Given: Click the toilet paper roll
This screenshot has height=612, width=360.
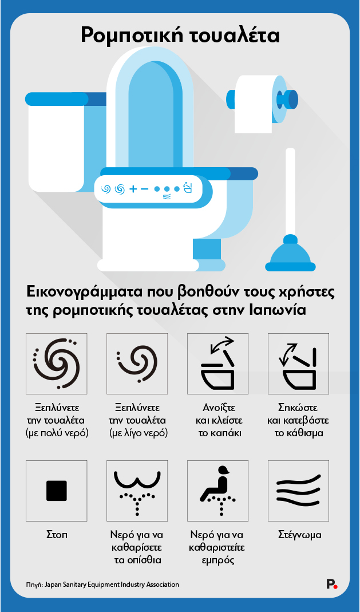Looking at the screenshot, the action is pos(254,104).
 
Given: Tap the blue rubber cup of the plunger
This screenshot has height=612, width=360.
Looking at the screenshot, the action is pos(290,254).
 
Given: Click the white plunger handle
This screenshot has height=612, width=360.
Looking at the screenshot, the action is pos(290,191).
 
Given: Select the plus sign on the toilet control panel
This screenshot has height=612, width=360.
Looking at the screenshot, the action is pos(133,189).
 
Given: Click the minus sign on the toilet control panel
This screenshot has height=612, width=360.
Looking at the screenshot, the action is pos(144,189).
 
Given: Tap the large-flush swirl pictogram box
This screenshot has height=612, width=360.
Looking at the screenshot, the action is pos(56,364).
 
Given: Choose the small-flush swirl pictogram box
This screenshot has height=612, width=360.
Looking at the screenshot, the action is pos(137,364).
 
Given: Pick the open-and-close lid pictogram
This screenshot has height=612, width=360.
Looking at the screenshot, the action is pos(217,364).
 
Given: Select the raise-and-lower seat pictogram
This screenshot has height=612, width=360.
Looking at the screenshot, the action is pos(298,364).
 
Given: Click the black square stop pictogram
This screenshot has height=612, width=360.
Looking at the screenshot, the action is pos(56,491).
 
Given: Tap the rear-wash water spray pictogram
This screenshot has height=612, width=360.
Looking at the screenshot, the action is pos(137,491).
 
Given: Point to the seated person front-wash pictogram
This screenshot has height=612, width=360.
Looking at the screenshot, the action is pos(217,491).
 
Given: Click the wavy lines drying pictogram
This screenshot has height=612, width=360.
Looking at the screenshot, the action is pos(298,491).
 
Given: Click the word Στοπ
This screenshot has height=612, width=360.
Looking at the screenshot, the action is pos(57,535).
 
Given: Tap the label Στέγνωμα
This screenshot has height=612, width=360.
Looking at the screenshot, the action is pos(300,535).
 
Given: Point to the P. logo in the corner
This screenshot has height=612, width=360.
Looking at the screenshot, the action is pos(331,584).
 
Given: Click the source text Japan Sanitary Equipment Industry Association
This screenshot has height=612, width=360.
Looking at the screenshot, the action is pos(112,585).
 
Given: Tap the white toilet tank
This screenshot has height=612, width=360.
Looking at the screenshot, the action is pos(56,143).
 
